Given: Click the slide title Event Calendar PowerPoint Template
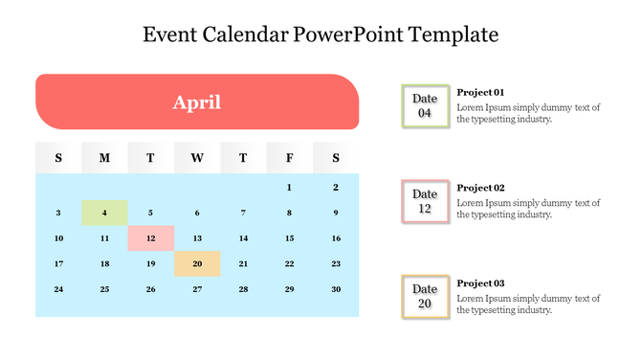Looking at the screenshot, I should [x=320, y=35].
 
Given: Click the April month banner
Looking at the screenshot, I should [x=197, y=101].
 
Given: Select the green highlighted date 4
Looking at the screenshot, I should [x=104, y=213].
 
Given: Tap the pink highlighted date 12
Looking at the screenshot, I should [x=150, y=238].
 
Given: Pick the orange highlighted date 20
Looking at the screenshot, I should [x=197, y=264].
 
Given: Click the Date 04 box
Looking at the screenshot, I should [x=425, y=105].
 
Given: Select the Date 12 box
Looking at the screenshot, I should [x=425, y=201].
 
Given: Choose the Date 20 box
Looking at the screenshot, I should [x=425, y=297].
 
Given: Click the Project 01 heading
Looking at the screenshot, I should [x=480, y=92].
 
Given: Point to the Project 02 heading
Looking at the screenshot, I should [x=480, y=188].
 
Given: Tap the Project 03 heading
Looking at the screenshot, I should [x=480, y=283].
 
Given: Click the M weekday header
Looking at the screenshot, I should [x=104, y=158].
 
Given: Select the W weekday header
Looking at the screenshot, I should [x=197, y=158].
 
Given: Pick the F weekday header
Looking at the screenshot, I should [x=289, y=158].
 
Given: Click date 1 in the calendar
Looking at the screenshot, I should [x=289, y=188].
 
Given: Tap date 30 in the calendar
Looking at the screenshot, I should [x=336, y=289].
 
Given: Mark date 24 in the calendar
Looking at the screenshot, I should [x=58, y=289].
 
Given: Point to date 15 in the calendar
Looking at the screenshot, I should [x=289, y=238].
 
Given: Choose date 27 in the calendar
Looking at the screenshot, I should [x=197, y=289].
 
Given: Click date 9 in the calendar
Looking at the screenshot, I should [x=336, y=213].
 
